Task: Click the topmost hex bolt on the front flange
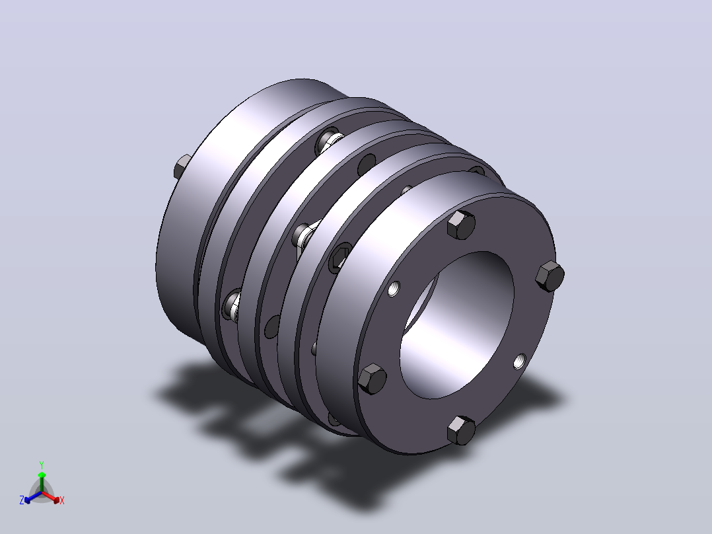click(x=461, y=225)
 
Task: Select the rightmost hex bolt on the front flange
click(x=550, y=276)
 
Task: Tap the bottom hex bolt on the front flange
click(x=461, y=430)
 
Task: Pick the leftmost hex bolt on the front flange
click(x=373, y=379)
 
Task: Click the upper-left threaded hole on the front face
click(x=394, y=289)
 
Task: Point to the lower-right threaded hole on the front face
click(x=520, y=362)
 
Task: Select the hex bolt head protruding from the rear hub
click(x=182, y=167)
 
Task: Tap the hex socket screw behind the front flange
click(x=339, y=258)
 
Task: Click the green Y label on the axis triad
click(x=42, y=465)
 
